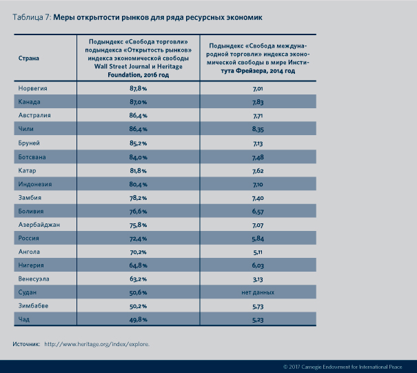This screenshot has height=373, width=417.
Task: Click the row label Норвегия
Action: tap(32, 89)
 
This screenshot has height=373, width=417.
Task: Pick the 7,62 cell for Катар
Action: tap(258, 170)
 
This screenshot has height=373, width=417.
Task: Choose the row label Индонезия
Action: tap(34, 184)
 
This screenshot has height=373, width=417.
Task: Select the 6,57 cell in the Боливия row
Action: tap(258, 211)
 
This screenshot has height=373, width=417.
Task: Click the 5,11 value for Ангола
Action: tap(258, 252)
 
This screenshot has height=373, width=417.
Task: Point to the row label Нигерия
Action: tap(32, 265)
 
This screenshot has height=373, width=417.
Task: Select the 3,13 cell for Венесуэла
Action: tap(258, 279)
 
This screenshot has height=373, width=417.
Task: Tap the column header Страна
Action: tap(28, 58)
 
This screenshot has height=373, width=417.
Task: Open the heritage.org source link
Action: tap(96, 343)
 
